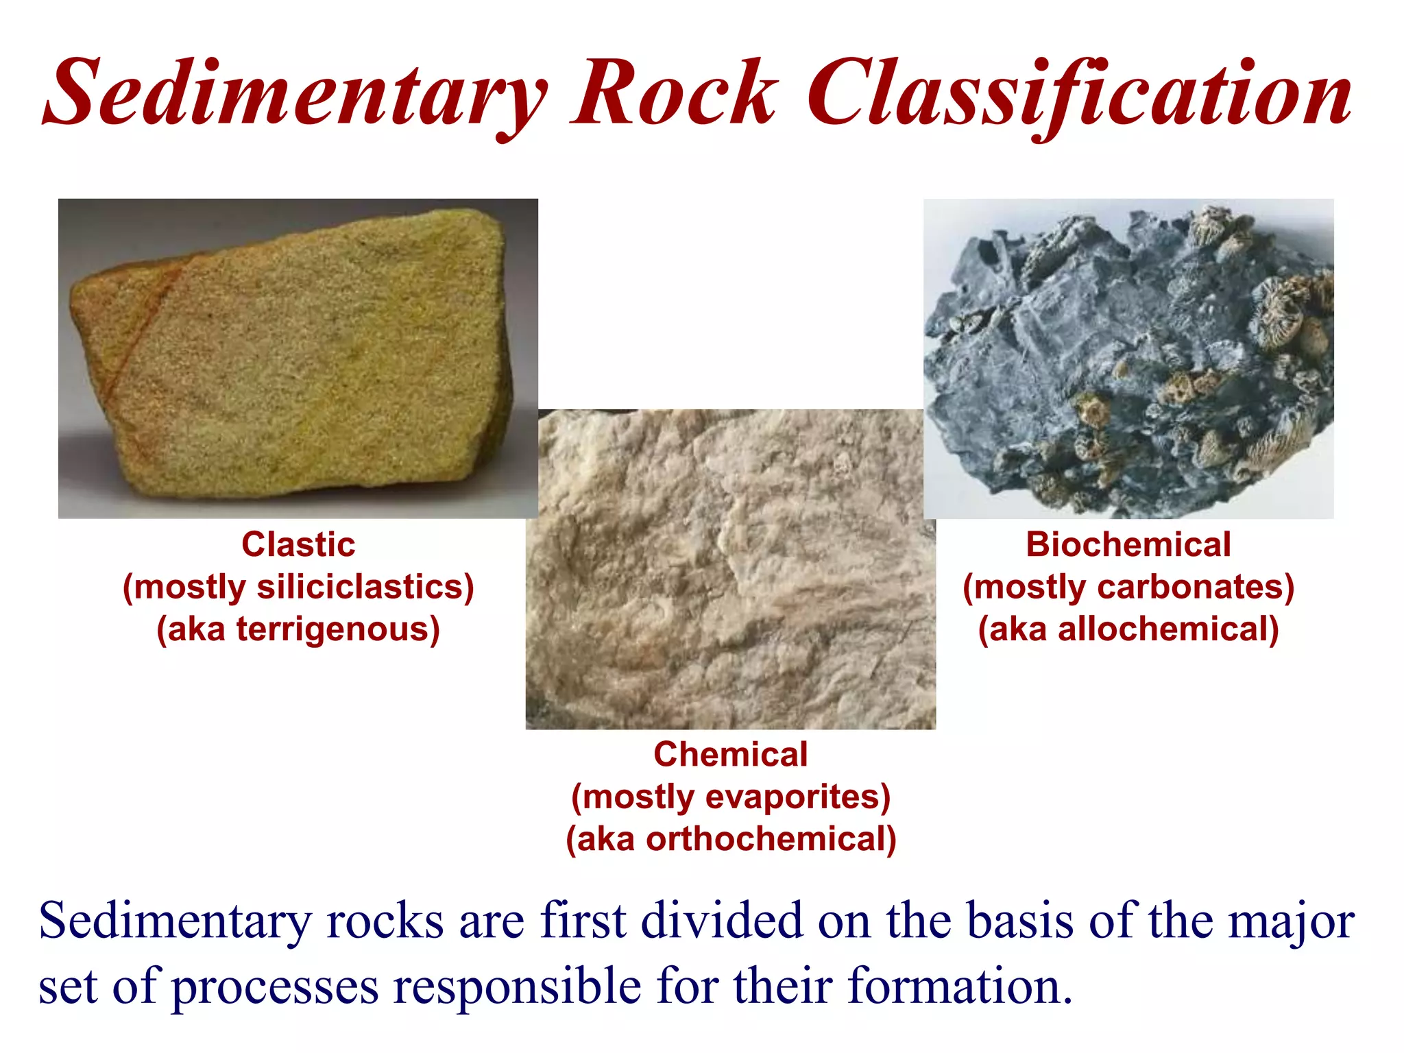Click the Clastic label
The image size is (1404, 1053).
[x=298, y=545]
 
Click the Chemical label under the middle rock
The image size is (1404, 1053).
[x=730, y=754]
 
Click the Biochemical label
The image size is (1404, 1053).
[x=1128, y=545]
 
